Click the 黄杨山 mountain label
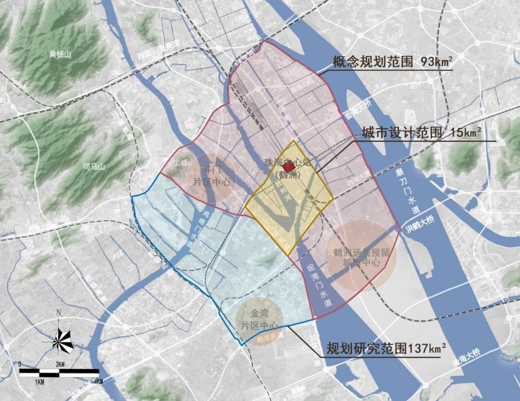pyautogui.click(x=59, y=55)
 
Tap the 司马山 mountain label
pyautogui.click(x=94, y=166)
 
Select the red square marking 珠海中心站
pyautogui.click(x=289, y=166)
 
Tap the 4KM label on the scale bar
pyautogui.click(x=98, y=381)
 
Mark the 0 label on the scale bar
pyautogui.click(x=20, y=364)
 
